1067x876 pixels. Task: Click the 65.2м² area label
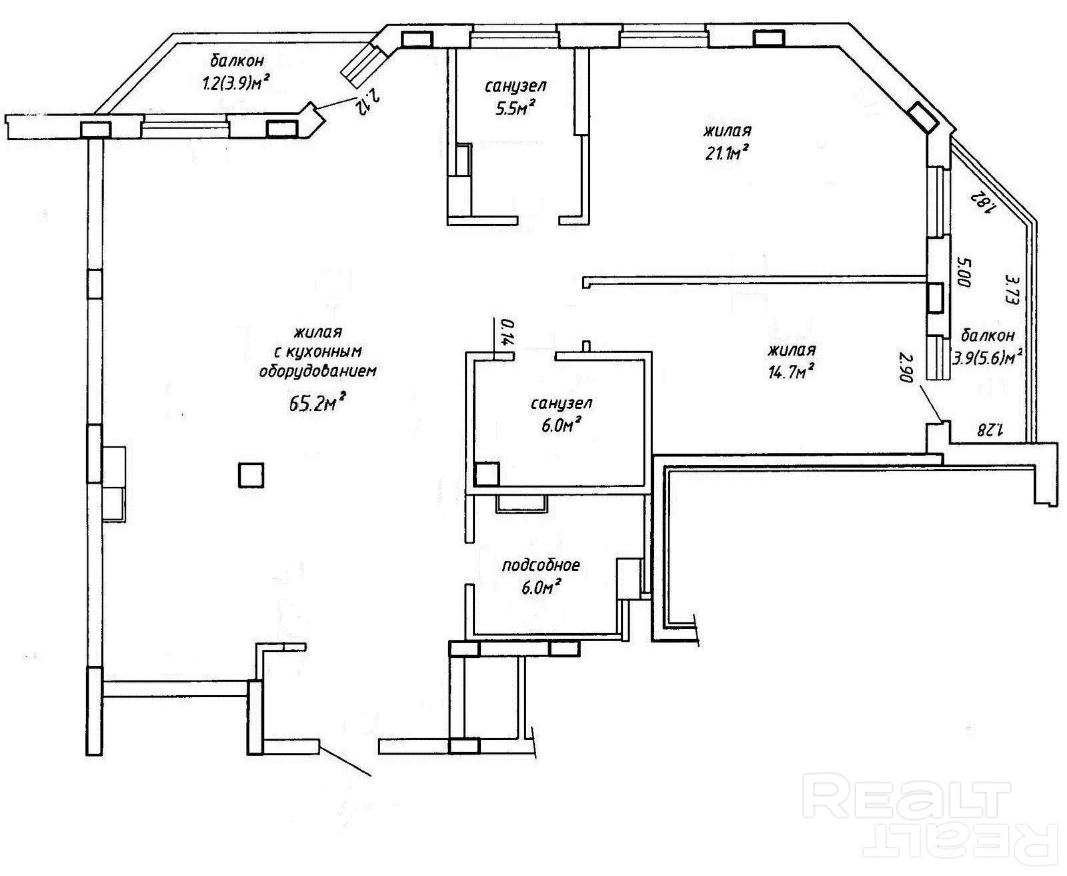[317, 402]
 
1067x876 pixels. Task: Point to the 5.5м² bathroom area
[515, 107]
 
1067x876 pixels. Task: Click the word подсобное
[541, 565]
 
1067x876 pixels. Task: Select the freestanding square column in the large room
[251, 475]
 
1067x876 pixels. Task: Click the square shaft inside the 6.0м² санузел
[487, 474]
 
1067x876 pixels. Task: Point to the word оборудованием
[317, 372]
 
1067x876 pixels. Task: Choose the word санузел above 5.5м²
[515, 87]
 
